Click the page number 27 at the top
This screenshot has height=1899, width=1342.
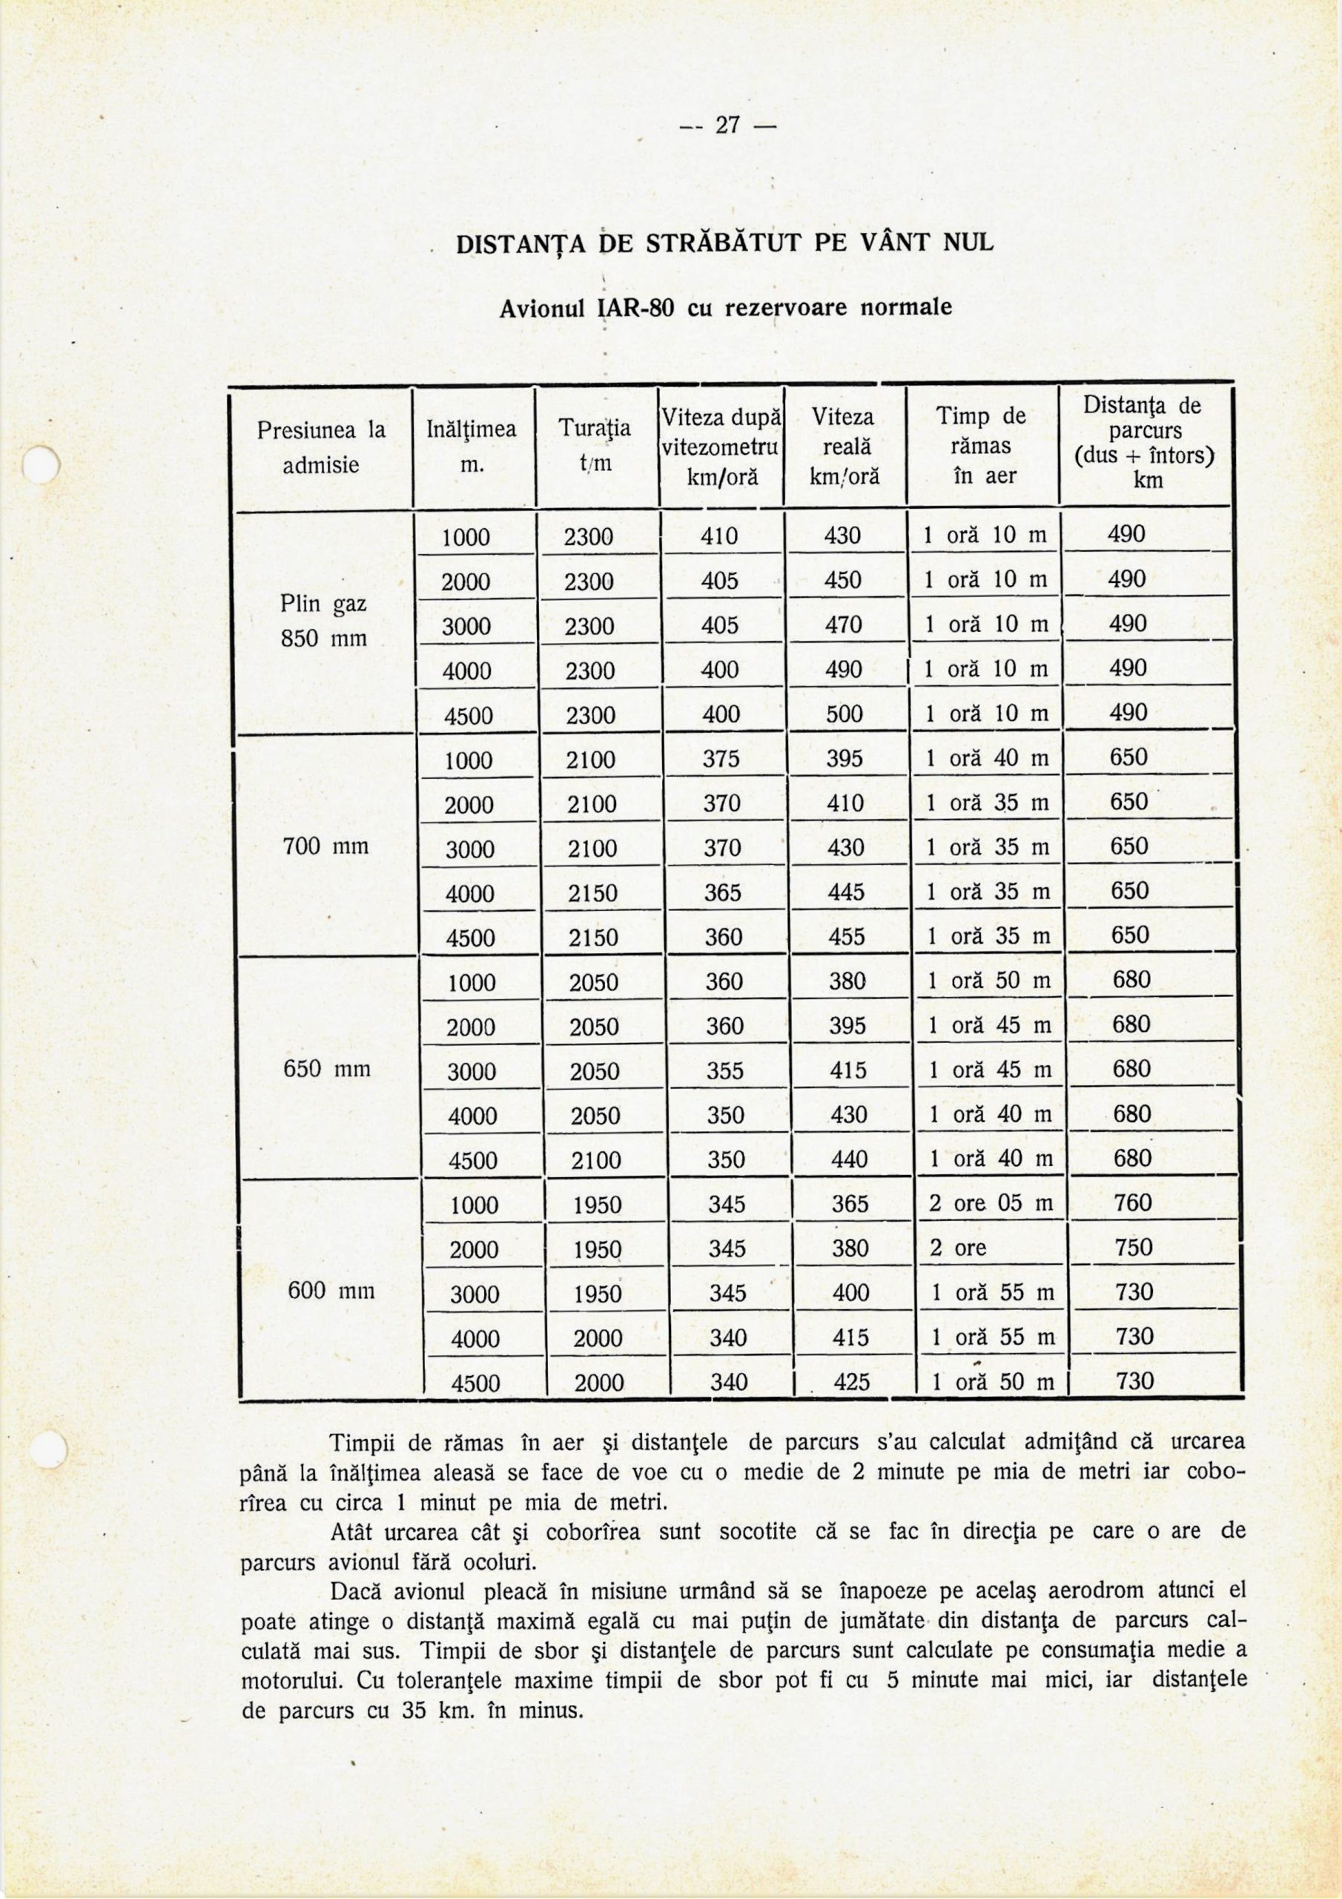pos(727,125)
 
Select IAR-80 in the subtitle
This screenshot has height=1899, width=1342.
pos(634,308)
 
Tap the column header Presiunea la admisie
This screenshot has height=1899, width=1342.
pos(321,447)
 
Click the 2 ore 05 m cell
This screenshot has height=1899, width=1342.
pos(991,1203)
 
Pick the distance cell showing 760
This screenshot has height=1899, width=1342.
pos(1133,1202)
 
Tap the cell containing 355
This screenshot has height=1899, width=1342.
pos(725,1070)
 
